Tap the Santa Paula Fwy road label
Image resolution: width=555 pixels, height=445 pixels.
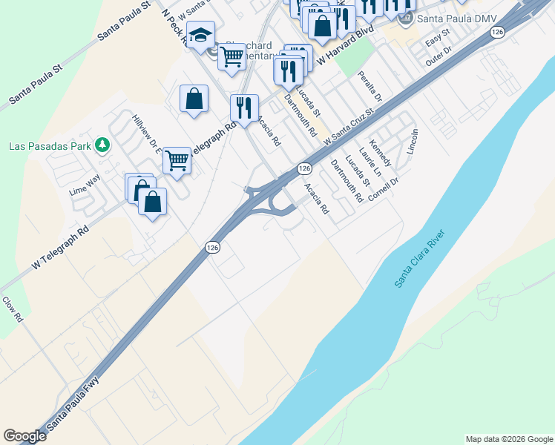pyautogui.click(x=73, y=405)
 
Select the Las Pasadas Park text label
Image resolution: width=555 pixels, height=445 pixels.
pyautogui.click(x=50, y=145)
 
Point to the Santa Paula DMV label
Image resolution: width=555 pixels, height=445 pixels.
pyautogui.click(x=450, y=19)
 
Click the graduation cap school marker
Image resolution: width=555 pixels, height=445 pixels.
pyautogui.click(x=200, y=34)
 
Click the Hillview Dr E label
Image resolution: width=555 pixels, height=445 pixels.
pyautogui.click(x=146, y=134)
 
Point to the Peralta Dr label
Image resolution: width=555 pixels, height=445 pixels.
pyautogui.click(x=369, y=87)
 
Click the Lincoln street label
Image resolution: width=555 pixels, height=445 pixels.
pyautogui.click(x=413, y=142)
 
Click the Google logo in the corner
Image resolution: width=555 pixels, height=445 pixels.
pyautogui.click(x=24, y=436)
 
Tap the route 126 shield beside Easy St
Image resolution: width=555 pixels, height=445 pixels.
pyautogui.click(x=498, y=32)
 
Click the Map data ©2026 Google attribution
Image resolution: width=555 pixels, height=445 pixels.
pyautogui.click(x=509, y=439)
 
